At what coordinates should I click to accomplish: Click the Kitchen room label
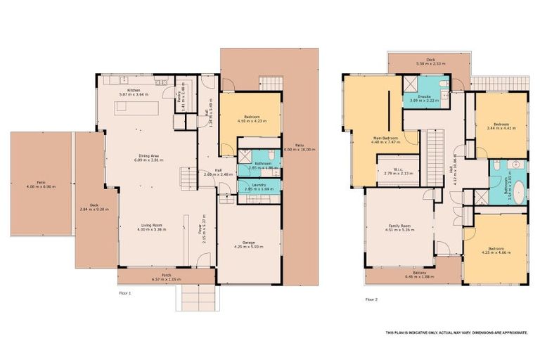point(133,90)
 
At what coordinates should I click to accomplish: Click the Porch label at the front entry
point(166,276)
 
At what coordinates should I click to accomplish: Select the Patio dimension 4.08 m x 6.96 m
point(40,186)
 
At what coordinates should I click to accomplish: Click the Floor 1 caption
point(125,292)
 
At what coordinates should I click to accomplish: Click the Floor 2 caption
point(371,300)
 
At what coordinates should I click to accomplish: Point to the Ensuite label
point(424,96)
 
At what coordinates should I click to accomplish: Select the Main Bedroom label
point(385,139)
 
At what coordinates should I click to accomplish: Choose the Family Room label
point(398,226)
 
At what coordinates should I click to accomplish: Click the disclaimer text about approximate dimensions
point(456,332)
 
